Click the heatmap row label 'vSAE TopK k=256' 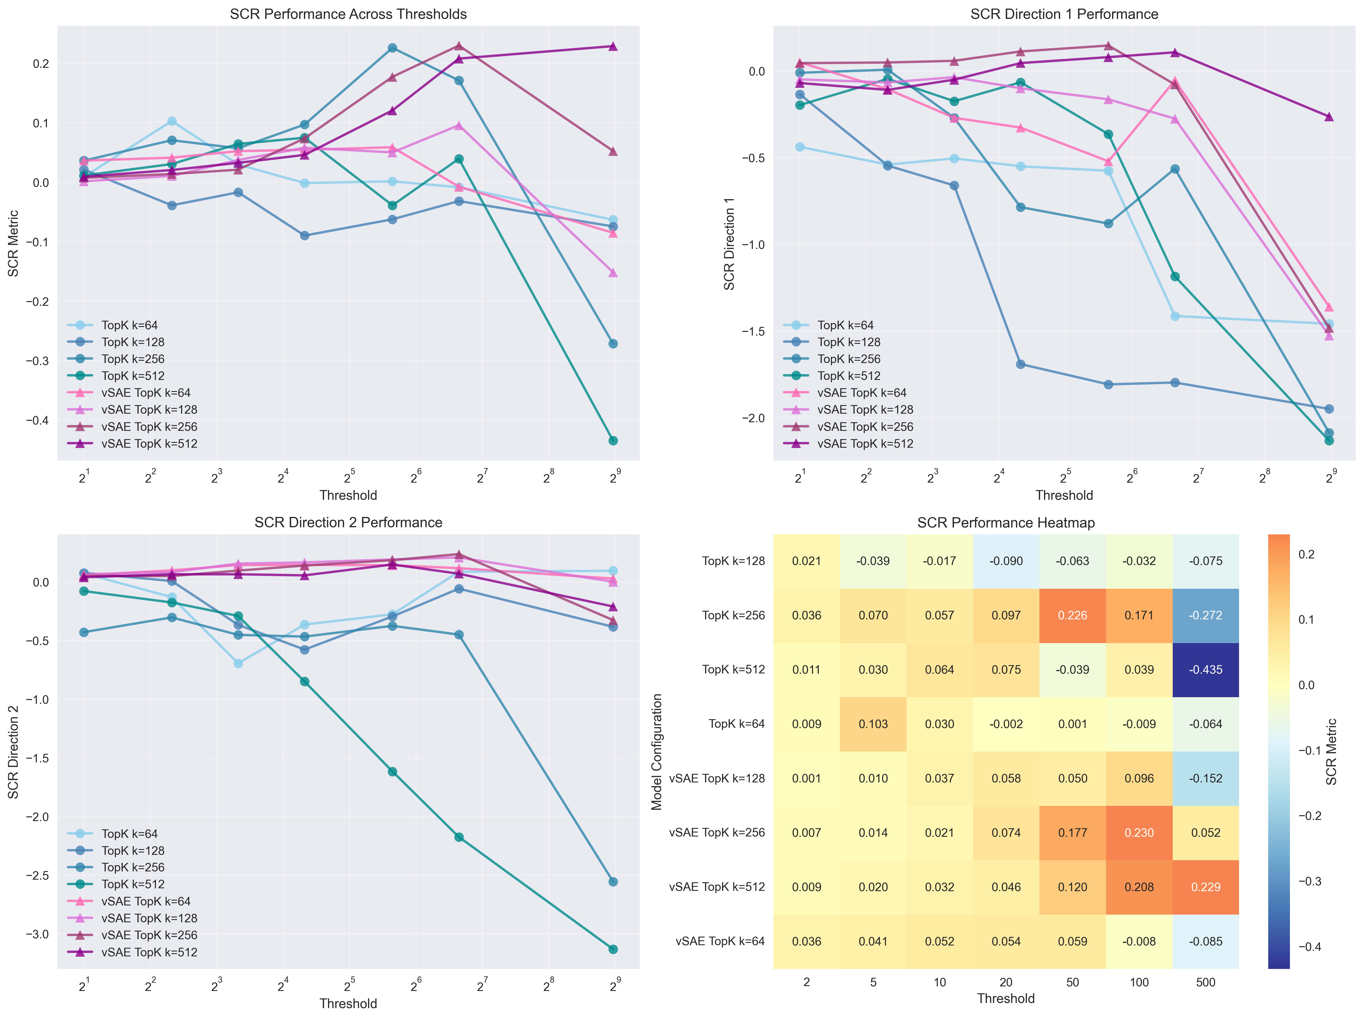click(x=717, y=833)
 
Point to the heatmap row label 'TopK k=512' click(x=733, y=670)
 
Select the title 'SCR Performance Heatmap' click(x=1006, y=523)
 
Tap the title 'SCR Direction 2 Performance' click(x=348, y=523)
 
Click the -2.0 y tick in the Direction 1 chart click(x=753, y=418)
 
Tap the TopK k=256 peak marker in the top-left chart click(x=392, y=48)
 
